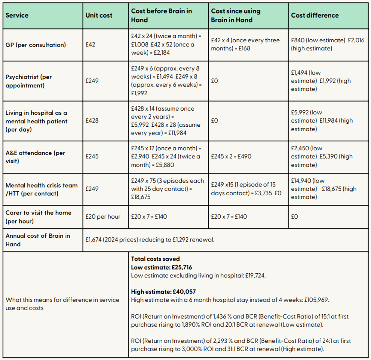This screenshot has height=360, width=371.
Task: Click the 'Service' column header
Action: pos(17,16)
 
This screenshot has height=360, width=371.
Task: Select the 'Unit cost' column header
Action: pos(99,16)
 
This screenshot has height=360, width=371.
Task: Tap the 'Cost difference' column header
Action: pos(315,15)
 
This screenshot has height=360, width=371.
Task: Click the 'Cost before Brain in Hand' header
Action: pos(162,15)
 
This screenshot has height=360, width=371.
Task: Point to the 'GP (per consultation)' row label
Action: pos(36,45)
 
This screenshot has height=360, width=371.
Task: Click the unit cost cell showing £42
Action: pos(91,44)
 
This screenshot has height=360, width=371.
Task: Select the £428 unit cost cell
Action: pos(92,121)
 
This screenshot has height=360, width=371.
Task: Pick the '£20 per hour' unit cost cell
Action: pos(103,216)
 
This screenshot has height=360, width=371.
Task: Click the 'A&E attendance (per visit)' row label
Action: pos(36,157)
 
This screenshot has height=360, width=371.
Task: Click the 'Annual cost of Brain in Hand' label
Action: pos(38,240)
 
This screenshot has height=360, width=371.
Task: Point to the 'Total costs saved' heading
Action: pos(155,259)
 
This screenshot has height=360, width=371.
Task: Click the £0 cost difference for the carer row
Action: pos(294,216)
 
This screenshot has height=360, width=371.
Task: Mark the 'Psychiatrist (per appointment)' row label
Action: pos(29,81)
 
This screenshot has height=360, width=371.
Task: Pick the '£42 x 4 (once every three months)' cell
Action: pos(245,44)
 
